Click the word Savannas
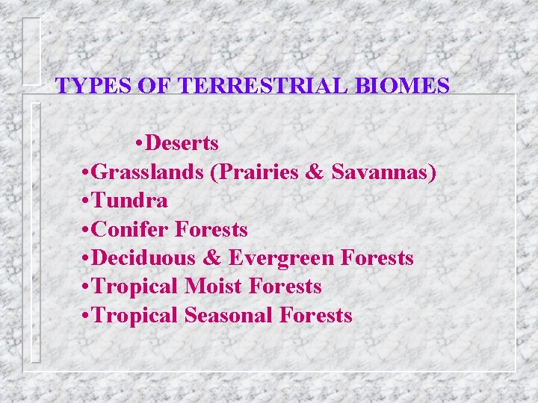(x=383, y=172)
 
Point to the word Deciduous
(x=143, y=258)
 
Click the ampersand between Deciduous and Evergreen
(x=212, y=259)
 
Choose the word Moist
(x=215, y=287)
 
